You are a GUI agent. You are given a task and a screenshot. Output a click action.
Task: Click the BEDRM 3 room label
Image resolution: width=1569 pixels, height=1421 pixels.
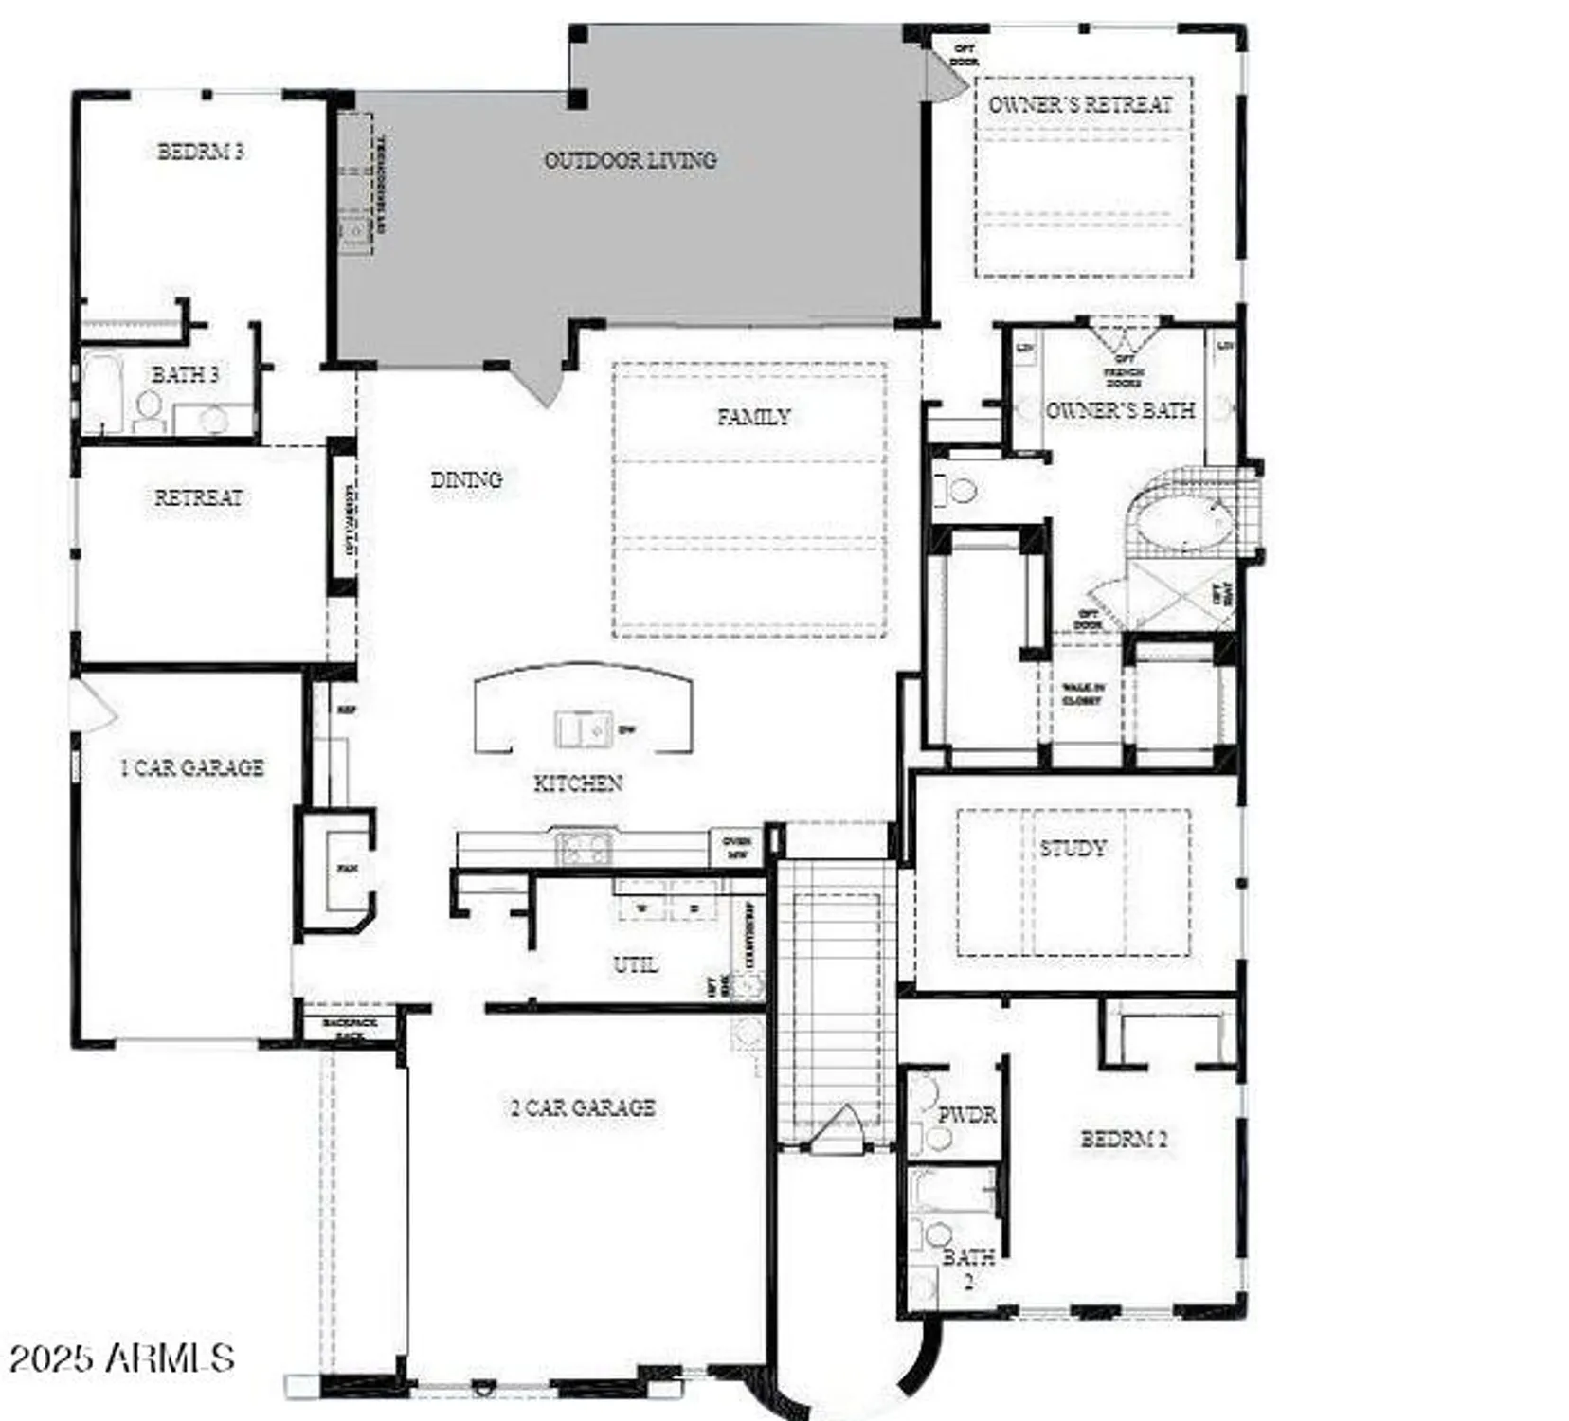click(x=200, y=152)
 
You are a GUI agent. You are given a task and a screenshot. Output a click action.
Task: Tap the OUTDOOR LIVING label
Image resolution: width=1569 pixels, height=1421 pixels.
click(x=630, y=160)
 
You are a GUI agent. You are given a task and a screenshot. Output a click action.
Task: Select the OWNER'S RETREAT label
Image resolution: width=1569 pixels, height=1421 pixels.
click(x=1080, y=104)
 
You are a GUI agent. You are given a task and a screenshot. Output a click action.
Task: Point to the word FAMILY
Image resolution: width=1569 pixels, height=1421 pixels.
click(x=753, y=417)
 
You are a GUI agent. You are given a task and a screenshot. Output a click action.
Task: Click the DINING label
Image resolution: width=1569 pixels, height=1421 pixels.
click(x=466, y=480)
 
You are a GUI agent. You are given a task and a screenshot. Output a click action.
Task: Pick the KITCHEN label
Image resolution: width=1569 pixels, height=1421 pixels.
click(x=578, y=783)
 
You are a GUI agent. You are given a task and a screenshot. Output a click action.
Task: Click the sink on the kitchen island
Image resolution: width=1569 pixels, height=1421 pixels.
click(x=582, y=729)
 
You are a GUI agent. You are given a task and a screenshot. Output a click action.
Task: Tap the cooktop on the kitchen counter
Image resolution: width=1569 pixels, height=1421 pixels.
click(x=584, y=846)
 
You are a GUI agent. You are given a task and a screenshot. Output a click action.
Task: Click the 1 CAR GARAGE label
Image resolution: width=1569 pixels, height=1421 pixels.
click(x=192, y=768)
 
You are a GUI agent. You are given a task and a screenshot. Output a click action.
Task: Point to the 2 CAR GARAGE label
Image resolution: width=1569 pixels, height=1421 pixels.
click(x=583, y=1107)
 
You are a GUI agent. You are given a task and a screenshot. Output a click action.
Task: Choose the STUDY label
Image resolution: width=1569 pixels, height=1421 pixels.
click(x=1073, y=849)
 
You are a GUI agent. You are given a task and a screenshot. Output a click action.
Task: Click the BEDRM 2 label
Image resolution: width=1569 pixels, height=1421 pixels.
click(x=1124, y=1140)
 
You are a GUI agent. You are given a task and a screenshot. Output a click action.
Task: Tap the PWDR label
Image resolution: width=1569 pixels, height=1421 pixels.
click(x=966, y=1115)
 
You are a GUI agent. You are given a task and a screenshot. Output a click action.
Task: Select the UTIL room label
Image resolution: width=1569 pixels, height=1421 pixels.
click(x=635, y=965)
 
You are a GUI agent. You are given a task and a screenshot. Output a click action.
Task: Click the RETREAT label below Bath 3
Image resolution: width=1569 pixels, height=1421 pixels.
click(x=198, y=498)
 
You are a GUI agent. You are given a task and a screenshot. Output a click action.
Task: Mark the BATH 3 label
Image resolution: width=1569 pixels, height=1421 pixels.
click(x=185, y=375)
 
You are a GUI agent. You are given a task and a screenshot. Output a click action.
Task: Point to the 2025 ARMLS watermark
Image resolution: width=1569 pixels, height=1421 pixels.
click(x=121, y=1358)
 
